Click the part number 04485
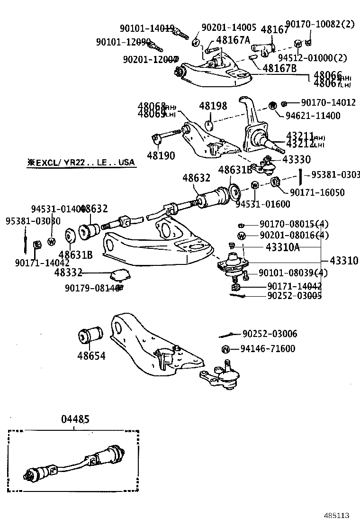click(x=75, y=419)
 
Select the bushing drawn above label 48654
click(x=90, y=336)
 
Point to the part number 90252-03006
click(x=270, y=334)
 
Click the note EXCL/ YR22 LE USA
click(x=81, y=163)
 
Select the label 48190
click(x=161, y=155)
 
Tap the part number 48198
click(x=213, y=106)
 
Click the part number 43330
click(x=297, y=160)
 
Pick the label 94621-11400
click(x=313, y=115)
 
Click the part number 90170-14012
click(x=328, y=102)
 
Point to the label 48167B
click(x=279, y=68)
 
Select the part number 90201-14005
click(x=229, y=27)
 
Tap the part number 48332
click(x=69, y=273)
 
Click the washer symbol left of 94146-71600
click(x=226, y=350)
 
